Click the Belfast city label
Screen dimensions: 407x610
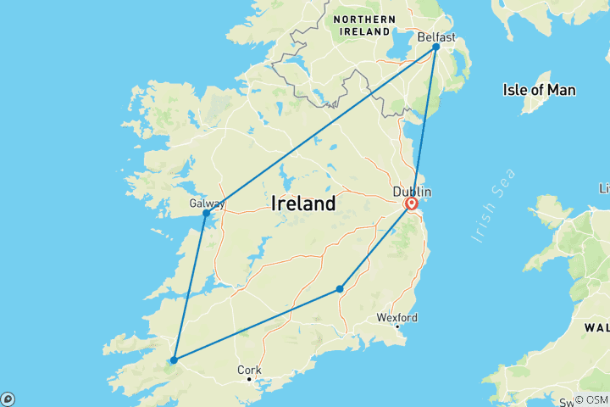tap(436, 37)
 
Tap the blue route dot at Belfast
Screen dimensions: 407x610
tap(436, 47)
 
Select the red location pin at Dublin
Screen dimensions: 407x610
tap(412, 204)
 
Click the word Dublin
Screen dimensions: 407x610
tap(412, 191)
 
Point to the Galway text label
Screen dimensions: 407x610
tap(207, 203)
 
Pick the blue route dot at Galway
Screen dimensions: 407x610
tap(206, 214)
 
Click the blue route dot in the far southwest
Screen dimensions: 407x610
tap(174, 360)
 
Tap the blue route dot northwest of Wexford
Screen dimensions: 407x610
tap(340, 289)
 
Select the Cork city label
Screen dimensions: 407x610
tap(249, 370)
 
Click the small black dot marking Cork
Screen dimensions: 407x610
tap(248, 379)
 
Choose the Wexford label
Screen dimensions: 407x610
tap(397, 318)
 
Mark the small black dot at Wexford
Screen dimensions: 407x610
tap(397, 327)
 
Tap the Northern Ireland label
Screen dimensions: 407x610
tap(366, 25)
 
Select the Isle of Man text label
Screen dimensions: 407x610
tap(539, 89)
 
